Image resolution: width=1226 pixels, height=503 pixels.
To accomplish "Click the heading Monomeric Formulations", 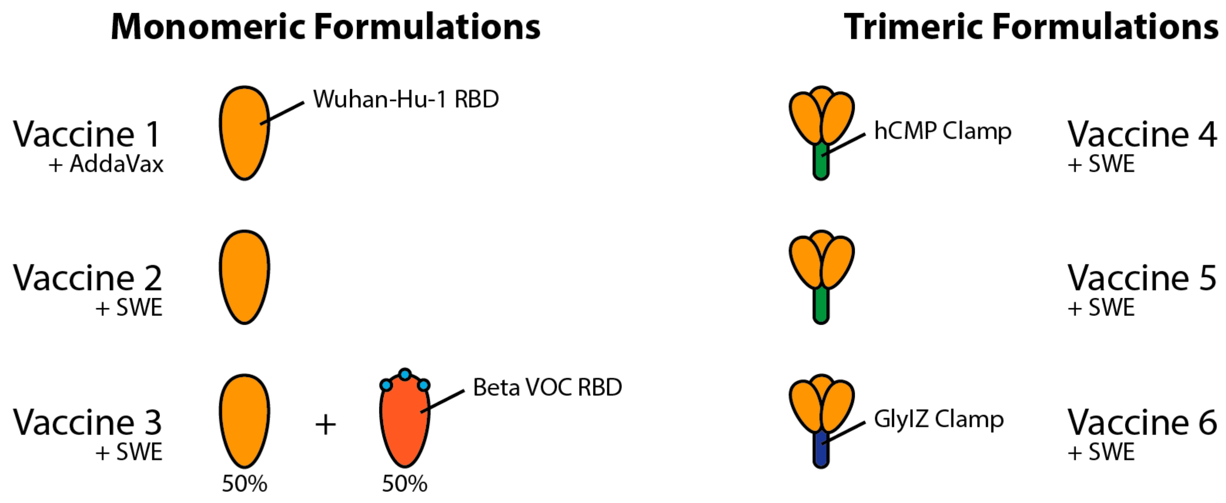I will [x=325, y=27].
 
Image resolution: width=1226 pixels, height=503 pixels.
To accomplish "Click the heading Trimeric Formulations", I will [x=1031, y=27].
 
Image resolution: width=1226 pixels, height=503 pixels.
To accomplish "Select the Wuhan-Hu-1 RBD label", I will [x=406, y=100].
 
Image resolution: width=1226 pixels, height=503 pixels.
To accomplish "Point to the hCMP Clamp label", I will [x=942, y=131].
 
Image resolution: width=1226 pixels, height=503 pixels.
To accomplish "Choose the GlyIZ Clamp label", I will [x=938, y=420].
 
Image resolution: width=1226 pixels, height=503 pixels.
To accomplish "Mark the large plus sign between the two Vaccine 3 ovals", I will [x=325, y=424].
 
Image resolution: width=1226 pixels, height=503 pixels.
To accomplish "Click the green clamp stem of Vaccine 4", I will [x=821, y=164].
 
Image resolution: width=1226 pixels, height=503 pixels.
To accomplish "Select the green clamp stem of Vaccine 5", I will [x=821, y=307].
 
